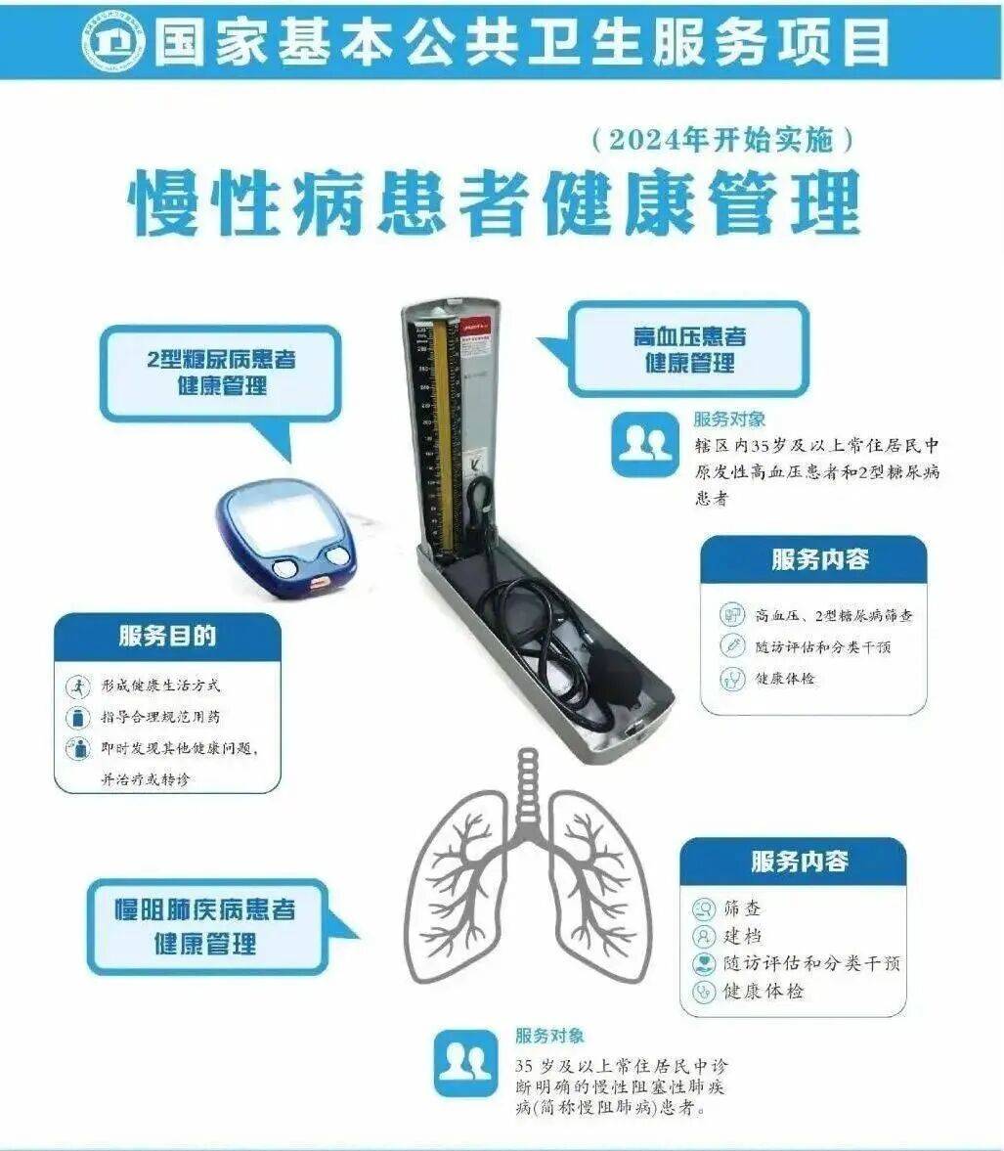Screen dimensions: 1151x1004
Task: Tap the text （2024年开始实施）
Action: pyautogui.click(x=723, y=141)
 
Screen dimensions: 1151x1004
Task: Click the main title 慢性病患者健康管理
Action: pyautogui.click(x=496, y=202)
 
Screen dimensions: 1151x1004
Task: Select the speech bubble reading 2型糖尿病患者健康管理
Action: pyautogui.click(x=221, y=373)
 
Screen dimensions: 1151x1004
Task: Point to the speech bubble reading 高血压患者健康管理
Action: pyautogui.click(x=688, y=350)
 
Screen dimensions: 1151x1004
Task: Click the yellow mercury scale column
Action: pyautogui.click(x=452, y=430)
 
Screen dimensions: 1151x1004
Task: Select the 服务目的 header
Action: pyautogui.click(x=167, y=637)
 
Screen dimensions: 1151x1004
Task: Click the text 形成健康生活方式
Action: pyautogui.click(x=161, y=686)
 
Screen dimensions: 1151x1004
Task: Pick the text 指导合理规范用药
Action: pyautogui.click(x=161, y=718)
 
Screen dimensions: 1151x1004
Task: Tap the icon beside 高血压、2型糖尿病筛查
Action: pyautogui.click(x=732, y=615)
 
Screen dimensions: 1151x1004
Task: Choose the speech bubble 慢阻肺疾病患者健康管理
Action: pyautogui.click(x=205, y=926)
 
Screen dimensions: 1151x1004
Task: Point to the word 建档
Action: pyautogui.click(x=743, y=936)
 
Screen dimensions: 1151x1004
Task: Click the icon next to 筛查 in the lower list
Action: pyautogui.click(x=703, y=909)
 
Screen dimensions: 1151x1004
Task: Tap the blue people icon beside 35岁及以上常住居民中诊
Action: pyautogui.click(x=464, y=1062)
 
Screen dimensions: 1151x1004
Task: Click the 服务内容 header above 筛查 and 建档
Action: pyautogui.click(x=799, y=862)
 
